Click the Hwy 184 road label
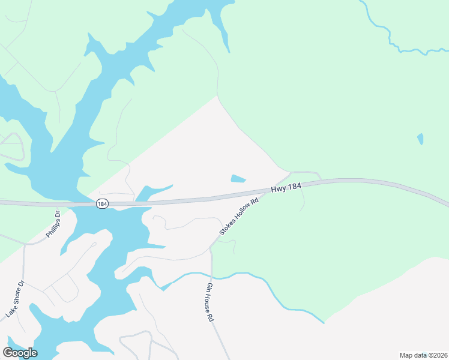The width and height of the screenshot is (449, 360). (285, 188)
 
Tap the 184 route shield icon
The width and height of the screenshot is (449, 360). (102, 204)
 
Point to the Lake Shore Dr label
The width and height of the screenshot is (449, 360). (14, 299)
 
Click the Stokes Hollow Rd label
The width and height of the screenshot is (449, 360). (239, 217)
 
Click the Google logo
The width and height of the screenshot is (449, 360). (20, 353)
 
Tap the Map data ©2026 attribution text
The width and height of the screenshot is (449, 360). (424, 355)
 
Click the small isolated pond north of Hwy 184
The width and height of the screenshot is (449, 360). (238, 178)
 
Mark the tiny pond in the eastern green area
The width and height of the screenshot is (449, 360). (420, 139)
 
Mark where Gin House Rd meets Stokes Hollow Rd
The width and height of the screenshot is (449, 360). (211, 248)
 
